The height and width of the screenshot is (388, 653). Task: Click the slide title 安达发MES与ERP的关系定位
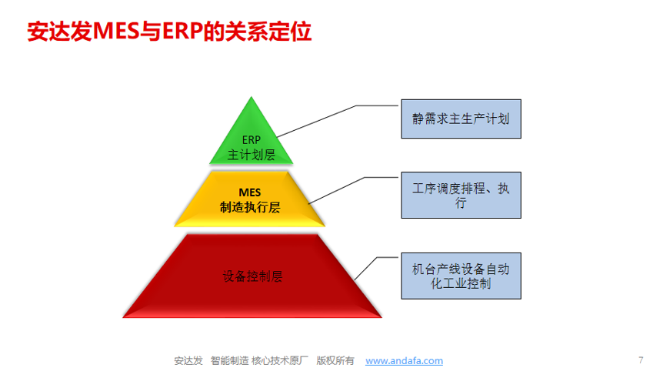pos(169,33)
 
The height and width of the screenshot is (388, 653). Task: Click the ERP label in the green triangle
pos(252,140)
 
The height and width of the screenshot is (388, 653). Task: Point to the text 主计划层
pos(252,154)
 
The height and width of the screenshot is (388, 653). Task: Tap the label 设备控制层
pos(252,276)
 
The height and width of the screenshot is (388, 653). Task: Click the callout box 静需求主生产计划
pos(461,119)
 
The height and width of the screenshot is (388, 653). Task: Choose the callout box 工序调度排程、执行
pos(461,196)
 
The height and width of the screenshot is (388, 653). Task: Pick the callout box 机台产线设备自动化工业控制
pos(461,276)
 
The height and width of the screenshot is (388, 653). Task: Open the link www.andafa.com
pos(404,360)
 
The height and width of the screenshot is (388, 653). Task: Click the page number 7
pos(641,360)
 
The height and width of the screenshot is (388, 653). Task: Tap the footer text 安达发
pos(188,360)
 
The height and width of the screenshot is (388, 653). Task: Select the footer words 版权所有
pos(335,360)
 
